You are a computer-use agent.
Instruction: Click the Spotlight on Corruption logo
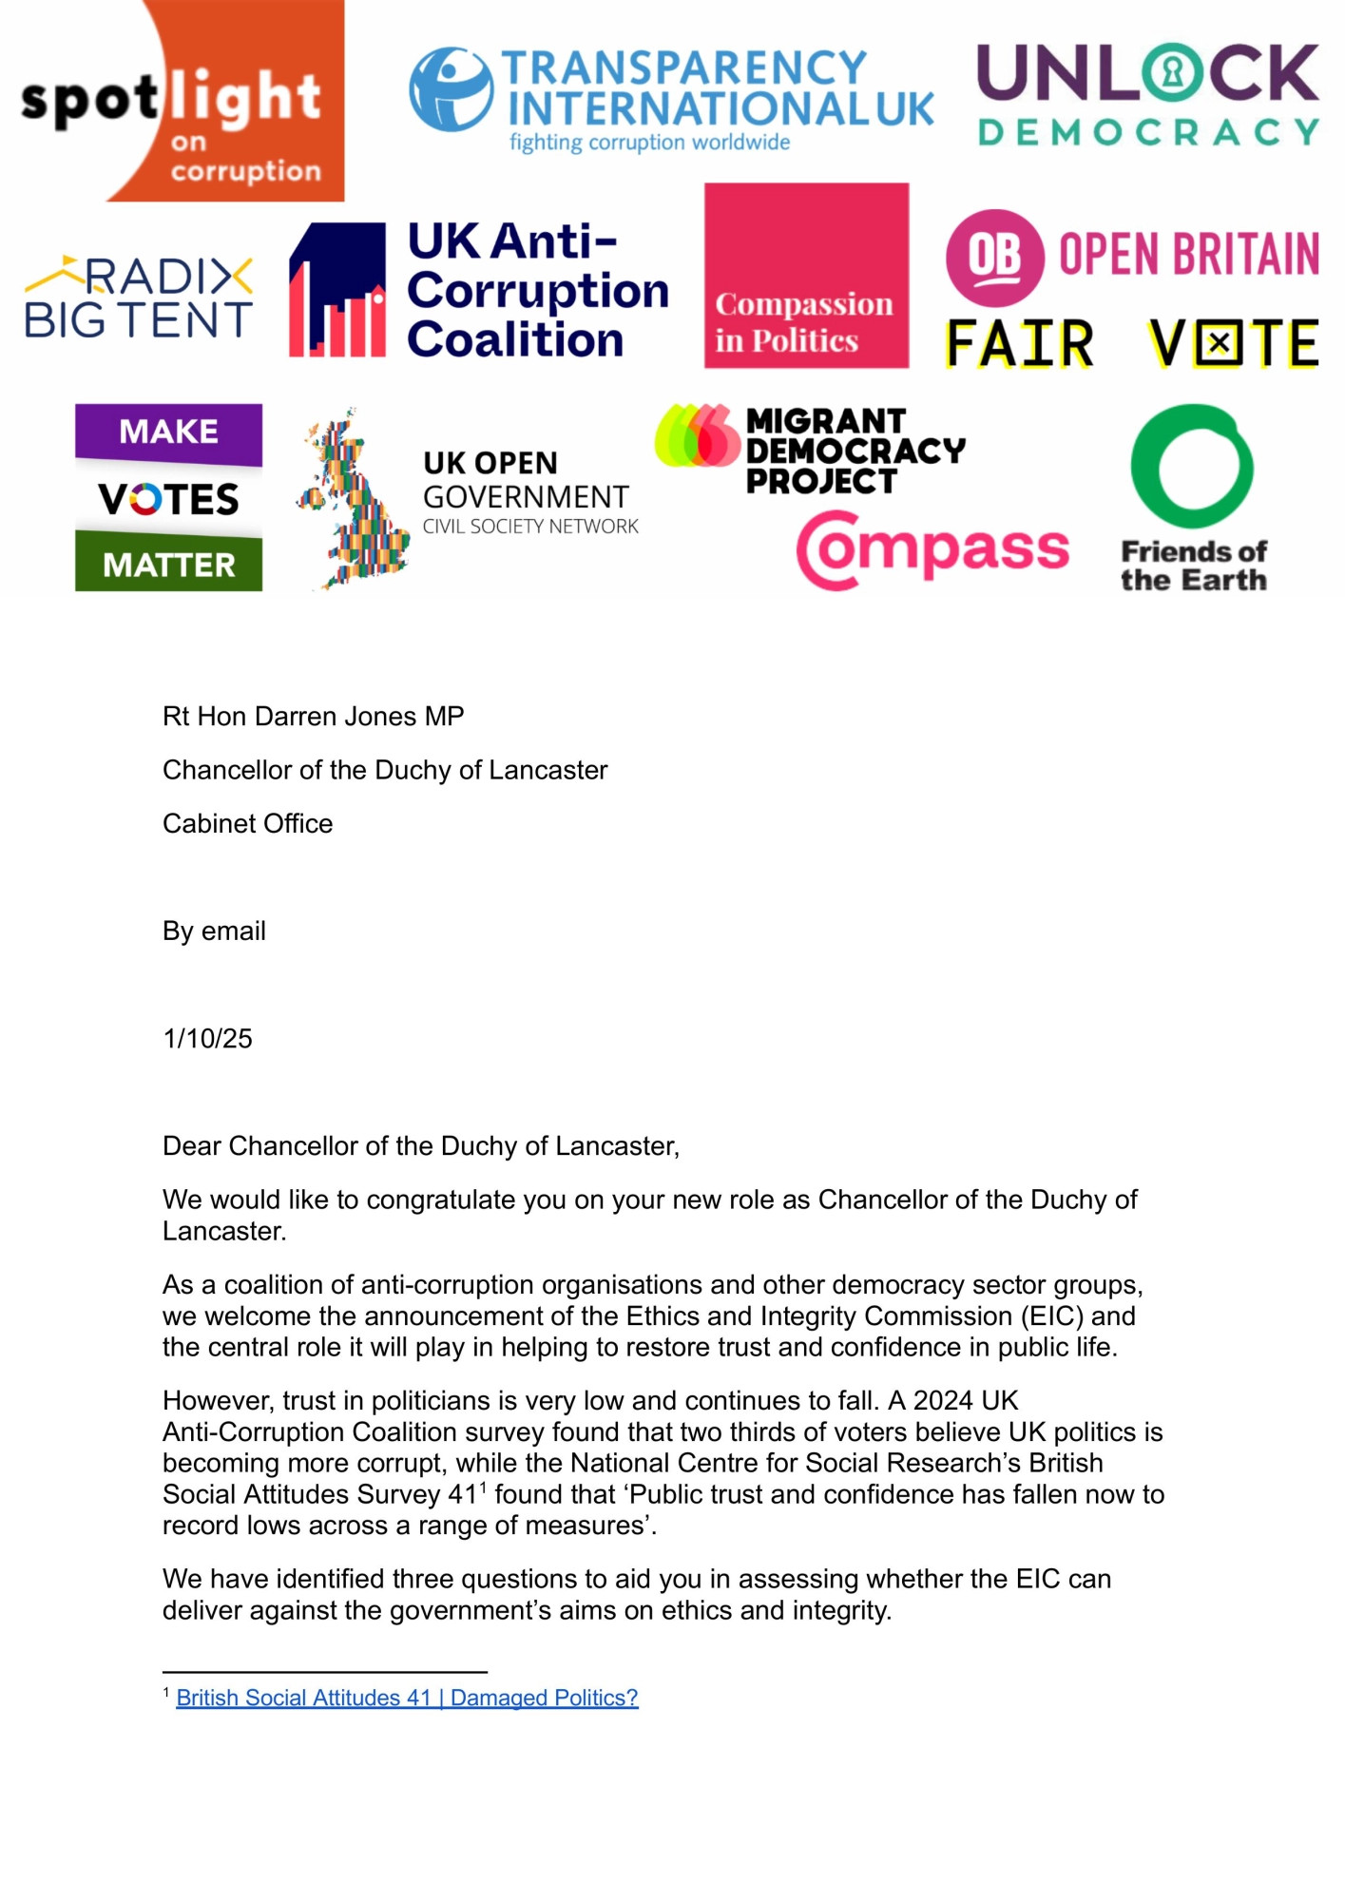[181, 101]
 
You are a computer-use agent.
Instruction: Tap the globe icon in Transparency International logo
[451, 90]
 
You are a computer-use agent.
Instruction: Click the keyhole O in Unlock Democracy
[1172, 72]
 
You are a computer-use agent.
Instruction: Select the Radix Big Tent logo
[139, 298]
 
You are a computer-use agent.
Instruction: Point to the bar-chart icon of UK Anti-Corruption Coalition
[337, 290]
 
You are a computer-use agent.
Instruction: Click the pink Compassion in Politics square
[806, 276]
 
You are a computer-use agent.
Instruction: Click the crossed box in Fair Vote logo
[1219, 343]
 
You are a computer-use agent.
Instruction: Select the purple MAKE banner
[168, 432]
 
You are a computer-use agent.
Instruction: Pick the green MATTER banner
[168, 565]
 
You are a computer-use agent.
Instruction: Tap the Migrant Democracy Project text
[853, 451]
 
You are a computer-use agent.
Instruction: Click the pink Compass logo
[932, 549]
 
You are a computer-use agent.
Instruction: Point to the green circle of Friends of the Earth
[1192, 466]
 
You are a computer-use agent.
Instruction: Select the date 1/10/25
[207, 1039]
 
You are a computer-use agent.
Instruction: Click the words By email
[214, 931]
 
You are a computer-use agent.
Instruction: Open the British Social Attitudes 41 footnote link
[407, 1698]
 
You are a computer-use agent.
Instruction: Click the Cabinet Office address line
[247, 824]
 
